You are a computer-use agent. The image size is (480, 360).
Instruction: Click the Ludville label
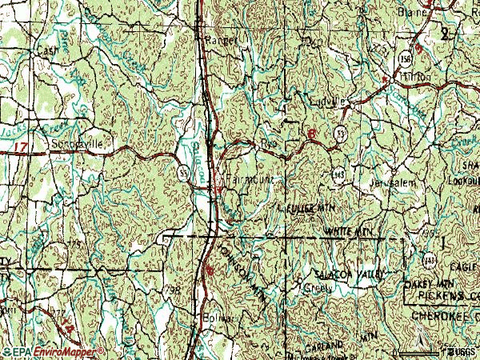tap(327, 102)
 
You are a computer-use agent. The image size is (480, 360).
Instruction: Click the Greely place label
tap(315, 288)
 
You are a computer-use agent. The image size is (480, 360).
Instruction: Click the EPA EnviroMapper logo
tap(53, 351)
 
